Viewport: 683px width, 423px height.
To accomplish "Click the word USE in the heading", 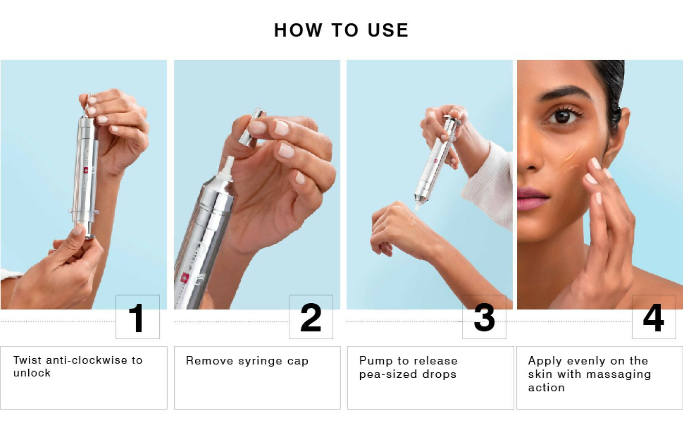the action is pyautogui.click(x=388, y=30).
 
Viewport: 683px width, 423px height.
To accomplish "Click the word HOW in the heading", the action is pyautogui.click(x=298, y=30).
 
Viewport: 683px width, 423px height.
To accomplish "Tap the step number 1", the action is pyautogui.click(x=136, y=318).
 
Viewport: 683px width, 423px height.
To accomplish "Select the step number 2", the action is pyautogui.click(x=311, y=318).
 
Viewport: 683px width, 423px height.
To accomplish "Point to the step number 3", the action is pyautogui.click(x=484, y=318).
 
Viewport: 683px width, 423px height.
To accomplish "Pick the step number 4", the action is pyautogui.click(x=653, y=318).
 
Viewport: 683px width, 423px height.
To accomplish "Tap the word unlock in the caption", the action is pyautogui.click(x=32, y=373).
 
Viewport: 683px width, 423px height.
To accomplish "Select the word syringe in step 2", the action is pyautogui.click(x=260, y=361).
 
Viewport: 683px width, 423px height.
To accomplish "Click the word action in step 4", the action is pyautogui.click(x=546, y=387).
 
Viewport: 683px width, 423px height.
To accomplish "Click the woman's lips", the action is pyautogui.click(x=533, y=199).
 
